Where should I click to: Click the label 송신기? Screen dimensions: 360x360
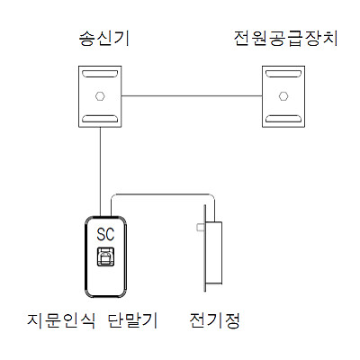tap(104, 39)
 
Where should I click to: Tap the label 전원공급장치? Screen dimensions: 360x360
tap(285, 39)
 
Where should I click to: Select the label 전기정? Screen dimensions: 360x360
tap(215, 320)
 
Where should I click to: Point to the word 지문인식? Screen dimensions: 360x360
tap(61, 320)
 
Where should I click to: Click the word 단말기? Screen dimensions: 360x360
tap(132, 320)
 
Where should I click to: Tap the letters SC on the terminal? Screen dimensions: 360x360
tap(105, 234)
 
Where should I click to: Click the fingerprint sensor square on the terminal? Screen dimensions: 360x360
tap(105, 256)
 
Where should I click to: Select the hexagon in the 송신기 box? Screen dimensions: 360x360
tap(100, 96)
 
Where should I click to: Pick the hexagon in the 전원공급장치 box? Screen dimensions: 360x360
tap(283, 96)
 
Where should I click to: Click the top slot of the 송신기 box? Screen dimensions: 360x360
tap(100, 74)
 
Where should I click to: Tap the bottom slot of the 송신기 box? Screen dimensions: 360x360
tap(100, 118)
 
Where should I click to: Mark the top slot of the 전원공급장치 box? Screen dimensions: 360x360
tap(283, 74)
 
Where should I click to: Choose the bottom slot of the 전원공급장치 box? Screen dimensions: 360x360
tap(283, 118)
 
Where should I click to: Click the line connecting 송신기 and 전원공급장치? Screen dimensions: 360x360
tap(192, 96)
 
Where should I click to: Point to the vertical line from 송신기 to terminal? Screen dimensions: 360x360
tap(100, 171)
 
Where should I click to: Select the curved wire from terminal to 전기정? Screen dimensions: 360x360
tap(163, 194)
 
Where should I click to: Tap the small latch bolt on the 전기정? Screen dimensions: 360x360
tap(200, 228)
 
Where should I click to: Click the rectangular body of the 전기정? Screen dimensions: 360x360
tap(213, 253)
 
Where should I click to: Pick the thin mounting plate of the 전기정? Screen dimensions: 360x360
tap(205, 248)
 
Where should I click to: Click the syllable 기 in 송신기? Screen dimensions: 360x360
tap(123, 39)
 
